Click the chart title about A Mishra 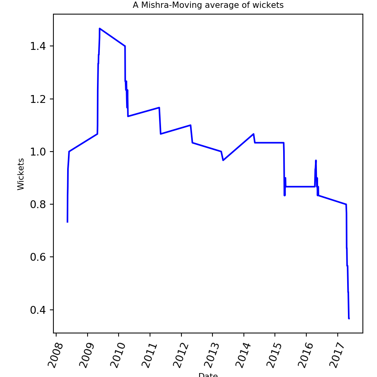coord(208,5)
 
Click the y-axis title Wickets coord(21,174)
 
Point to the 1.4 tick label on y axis coord(38,46)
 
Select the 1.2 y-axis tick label coord(38,99)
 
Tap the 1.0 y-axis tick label coord(38,152)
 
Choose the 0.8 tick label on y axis coord(38,205)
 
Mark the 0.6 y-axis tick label coord(38,257)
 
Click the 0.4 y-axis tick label coord(38,310)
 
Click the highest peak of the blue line coord(100,28)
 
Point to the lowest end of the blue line coord(349,318)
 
